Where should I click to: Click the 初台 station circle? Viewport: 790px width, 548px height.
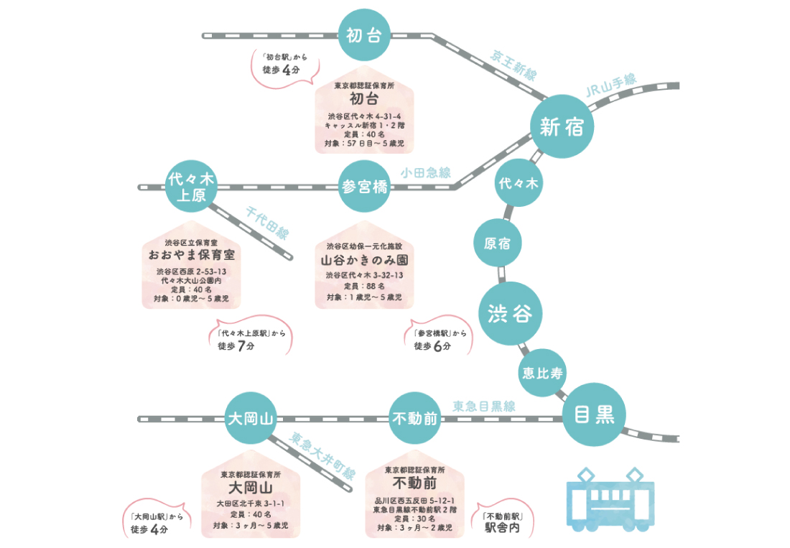[x=364, y=35]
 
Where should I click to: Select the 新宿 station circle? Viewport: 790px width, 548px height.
[x=562, y=126]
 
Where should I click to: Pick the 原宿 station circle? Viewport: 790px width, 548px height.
[x=498, y=243]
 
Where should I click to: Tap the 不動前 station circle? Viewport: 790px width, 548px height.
[x=414, y=419]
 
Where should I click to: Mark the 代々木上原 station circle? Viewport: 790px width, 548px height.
[x=191, y=186]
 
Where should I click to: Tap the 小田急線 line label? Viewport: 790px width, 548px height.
[x=426, y=172]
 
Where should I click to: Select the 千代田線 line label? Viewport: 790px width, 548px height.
[x=267, y=223]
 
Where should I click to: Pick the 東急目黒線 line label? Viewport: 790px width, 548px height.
[x=484, y=406]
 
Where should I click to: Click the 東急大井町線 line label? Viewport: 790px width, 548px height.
[x=324, y=455]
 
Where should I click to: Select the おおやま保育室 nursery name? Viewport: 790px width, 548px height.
[x=191, y=255]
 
